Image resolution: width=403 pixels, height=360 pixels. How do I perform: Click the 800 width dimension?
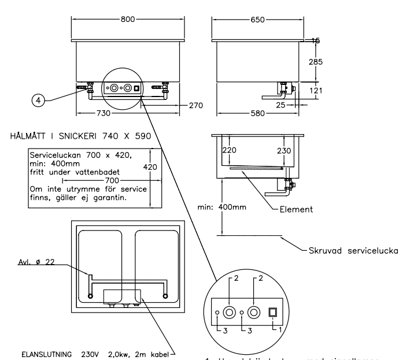[x=128, y=19]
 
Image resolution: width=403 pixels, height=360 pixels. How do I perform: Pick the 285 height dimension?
[x=316, y=61]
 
